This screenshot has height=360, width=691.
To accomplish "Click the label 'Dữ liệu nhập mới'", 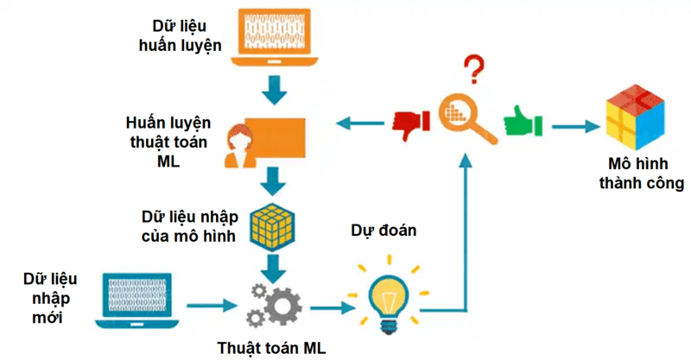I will (x=51, y=299).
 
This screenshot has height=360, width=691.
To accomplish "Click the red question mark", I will (x=472, y=66).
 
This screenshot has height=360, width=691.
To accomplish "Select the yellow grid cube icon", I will (x=274, y=226).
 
